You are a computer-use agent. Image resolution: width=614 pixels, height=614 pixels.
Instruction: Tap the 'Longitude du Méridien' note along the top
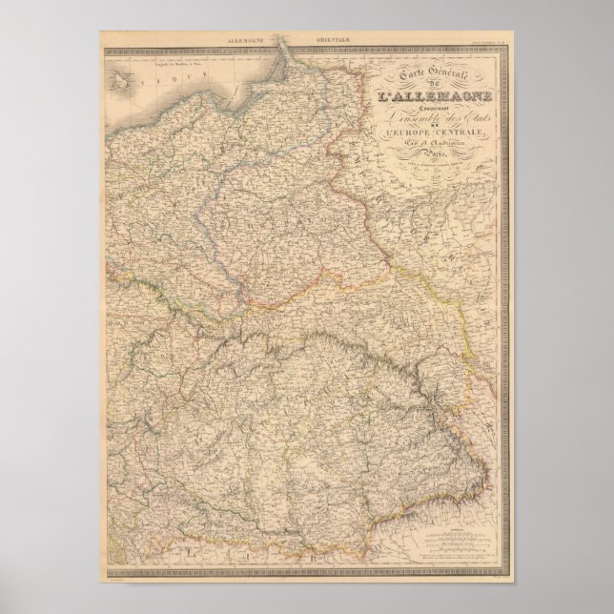click(x=172, y=65)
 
